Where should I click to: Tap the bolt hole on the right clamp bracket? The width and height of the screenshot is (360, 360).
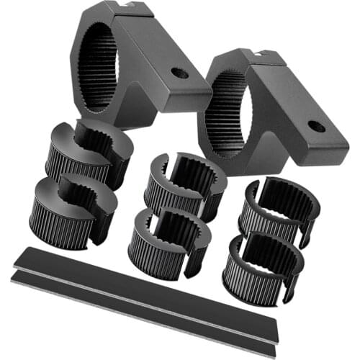point(315,127)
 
